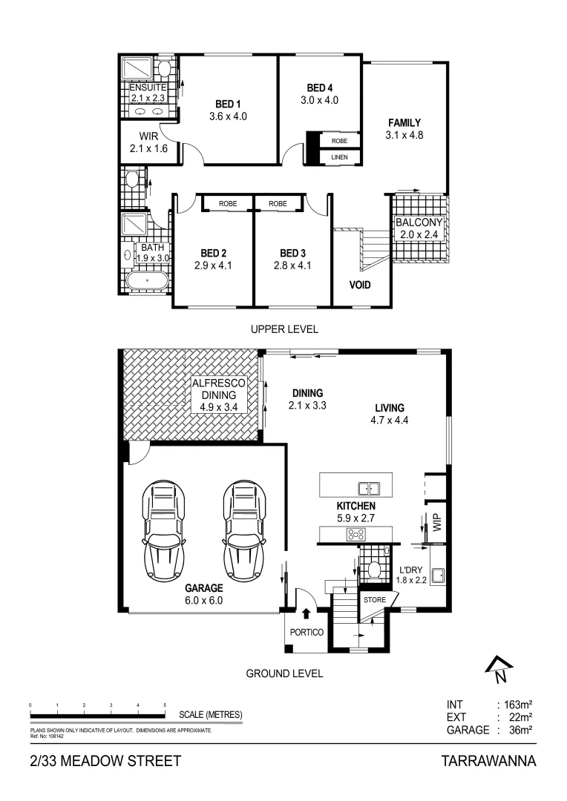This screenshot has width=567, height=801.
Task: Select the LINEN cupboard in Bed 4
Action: tap(339, 157)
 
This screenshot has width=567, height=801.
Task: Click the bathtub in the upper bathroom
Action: tap(147, 281)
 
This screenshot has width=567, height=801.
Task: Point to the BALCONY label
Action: tap(419, 222)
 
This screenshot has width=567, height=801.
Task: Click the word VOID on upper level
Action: tap(359, 285)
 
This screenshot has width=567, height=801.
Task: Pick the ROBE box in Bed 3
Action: tap(278, 203)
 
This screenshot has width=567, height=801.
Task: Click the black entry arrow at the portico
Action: tap(307, 613)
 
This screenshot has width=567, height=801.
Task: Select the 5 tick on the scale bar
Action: tap(165, 705)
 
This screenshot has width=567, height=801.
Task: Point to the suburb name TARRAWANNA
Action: tap(488, 761)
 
